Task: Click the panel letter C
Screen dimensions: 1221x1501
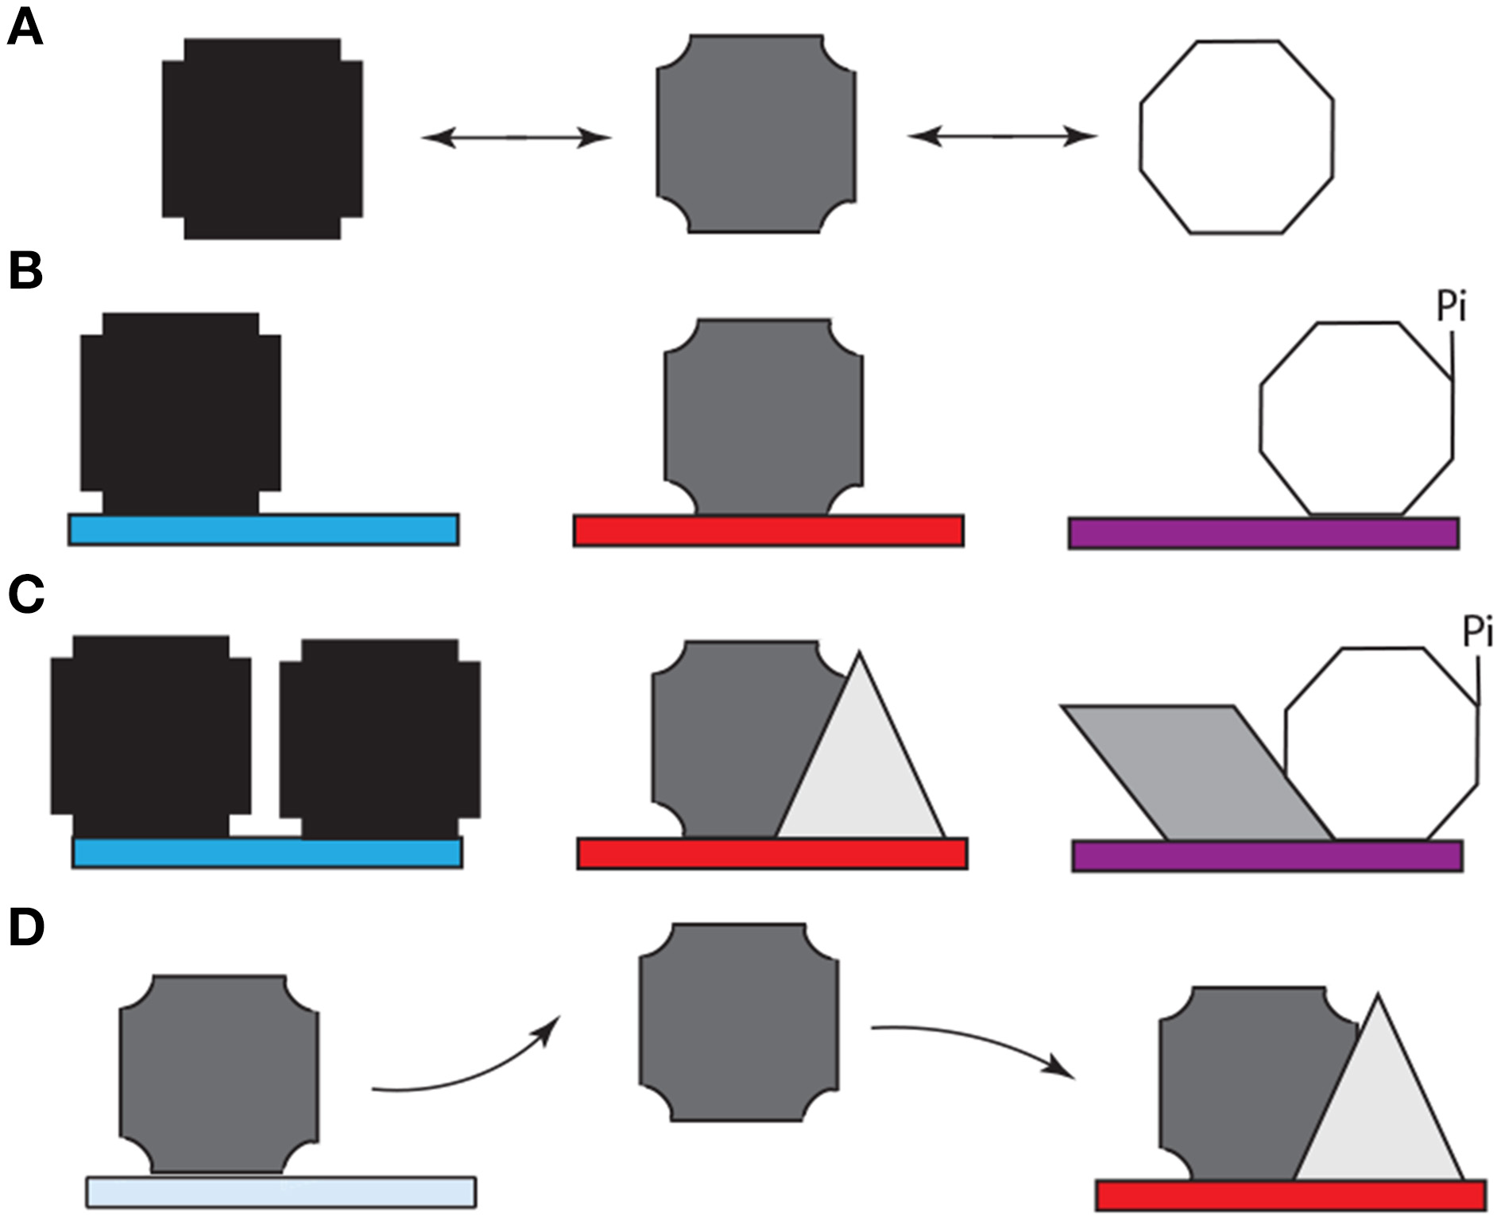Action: [27, 595]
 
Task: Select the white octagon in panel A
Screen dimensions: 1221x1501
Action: [1236, 137]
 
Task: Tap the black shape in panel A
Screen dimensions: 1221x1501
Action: [262, 138]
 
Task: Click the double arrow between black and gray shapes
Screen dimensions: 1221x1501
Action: [516, 138]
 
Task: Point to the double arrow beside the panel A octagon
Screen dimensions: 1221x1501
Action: [1002, 137]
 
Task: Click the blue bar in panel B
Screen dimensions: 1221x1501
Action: [263, 529]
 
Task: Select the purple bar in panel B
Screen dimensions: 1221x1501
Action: [1263, 533]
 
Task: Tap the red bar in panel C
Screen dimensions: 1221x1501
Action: [772, 854]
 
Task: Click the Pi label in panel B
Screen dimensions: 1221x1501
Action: [1452, 308]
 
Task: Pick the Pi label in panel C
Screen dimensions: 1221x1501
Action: [1478, 633]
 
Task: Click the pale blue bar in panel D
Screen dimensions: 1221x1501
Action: [280, 1192]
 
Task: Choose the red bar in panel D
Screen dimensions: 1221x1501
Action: [1290, 1195]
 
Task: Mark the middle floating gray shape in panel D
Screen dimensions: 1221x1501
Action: [738, 1022]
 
